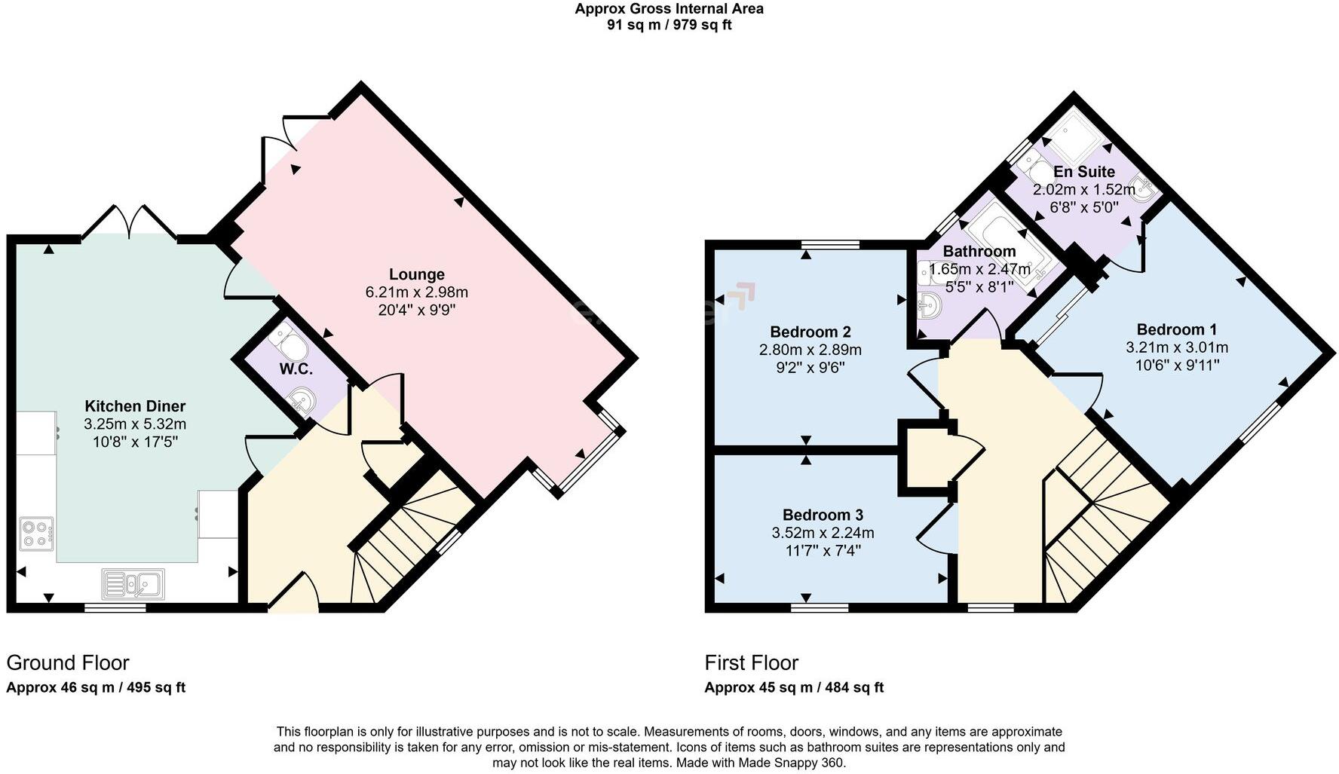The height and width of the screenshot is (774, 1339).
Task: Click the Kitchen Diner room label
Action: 135,406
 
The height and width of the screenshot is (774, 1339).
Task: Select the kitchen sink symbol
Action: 133,583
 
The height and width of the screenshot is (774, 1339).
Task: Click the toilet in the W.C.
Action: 290,343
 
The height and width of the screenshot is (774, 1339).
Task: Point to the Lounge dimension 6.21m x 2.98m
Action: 417,292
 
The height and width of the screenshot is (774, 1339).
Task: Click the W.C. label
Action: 296,369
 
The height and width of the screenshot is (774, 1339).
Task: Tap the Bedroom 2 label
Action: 810,332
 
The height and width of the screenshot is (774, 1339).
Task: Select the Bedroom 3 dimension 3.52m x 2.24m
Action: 823,533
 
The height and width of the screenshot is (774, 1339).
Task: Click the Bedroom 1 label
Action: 1176,329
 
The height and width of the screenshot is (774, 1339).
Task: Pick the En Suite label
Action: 1084,172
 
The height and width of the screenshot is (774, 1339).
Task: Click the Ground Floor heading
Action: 68,663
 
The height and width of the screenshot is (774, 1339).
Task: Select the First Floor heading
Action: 751,663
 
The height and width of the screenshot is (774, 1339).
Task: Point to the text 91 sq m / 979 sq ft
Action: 669,25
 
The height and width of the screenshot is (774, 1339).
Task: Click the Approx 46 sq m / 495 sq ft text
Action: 96,687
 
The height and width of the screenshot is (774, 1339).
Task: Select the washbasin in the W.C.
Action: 302,400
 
